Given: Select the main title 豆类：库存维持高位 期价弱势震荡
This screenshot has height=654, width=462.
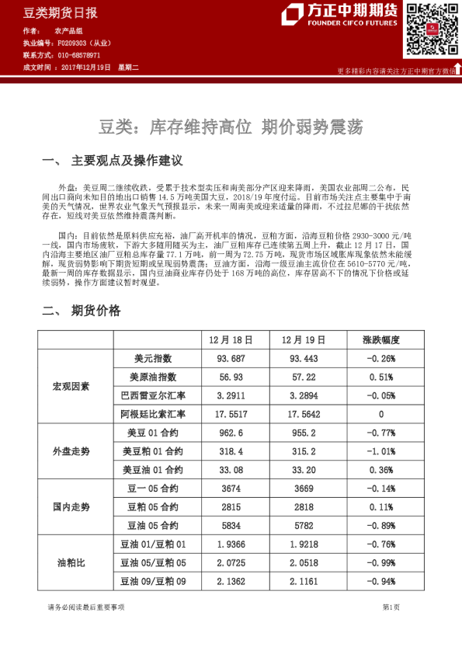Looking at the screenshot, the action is click(231, 125).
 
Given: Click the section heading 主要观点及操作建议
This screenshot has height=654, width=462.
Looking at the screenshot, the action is click(127, 162).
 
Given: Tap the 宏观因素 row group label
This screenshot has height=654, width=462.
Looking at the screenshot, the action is click(71, 386).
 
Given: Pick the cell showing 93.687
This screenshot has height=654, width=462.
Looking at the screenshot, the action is click(231, 359).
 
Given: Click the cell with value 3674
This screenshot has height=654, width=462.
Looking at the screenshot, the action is click(231, 489).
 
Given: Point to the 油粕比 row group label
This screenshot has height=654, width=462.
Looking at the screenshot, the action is click(71, 562).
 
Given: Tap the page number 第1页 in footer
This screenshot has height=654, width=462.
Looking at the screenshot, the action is click(391, 607).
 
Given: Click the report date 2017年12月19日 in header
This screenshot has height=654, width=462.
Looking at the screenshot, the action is click(85, 68).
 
